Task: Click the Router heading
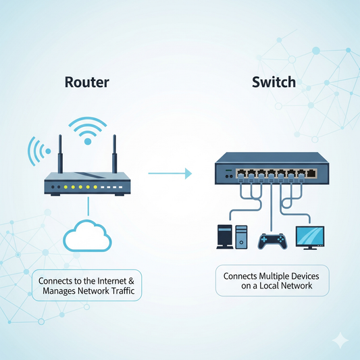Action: click(86, 83)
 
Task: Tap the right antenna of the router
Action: click(114, 154)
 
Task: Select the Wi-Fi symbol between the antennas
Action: click(87, 131)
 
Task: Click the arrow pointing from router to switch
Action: click(169, 174)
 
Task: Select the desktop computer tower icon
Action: click(224, 237)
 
